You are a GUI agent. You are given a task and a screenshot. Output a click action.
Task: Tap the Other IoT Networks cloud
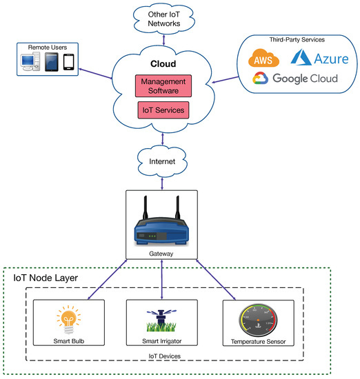click(163, 19)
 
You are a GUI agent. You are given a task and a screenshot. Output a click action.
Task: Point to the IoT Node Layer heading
click(46, 278)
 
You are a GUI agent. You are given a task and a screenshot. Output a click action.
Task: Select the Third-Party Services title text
click(296, 40)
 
